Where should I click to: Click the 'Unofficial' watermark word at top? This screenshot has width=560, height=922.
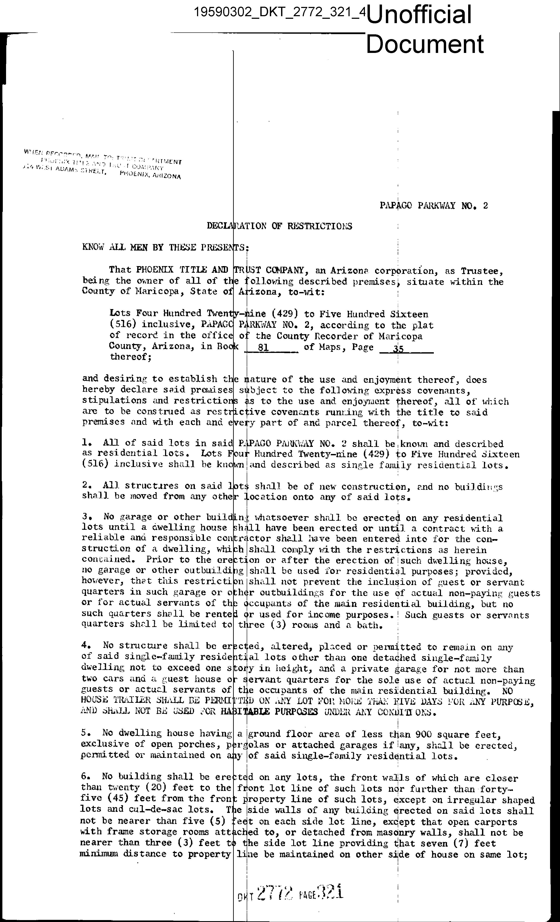pos(419,15)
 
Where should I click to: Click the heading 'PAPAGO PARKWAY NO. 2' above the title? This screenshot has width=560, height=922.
pos(433,205)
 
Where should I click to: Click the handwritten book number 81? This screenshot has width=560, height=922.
pos(263,347)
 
